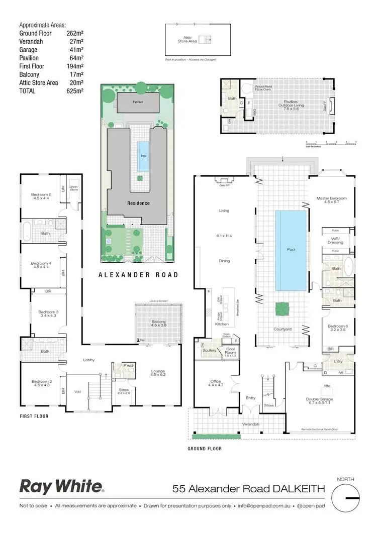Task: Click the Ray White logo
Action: point(61,486)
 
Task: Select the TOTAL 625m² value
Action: point(76,91)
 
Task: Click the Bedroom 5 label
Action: point(41,196)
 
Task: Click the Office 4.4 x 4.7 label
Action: point(215,383)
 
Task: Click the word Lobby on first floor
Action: point(90,360)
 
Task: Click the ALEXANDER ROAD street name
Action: point(138,275)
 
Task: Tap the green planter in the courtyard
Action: point(281,308)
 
